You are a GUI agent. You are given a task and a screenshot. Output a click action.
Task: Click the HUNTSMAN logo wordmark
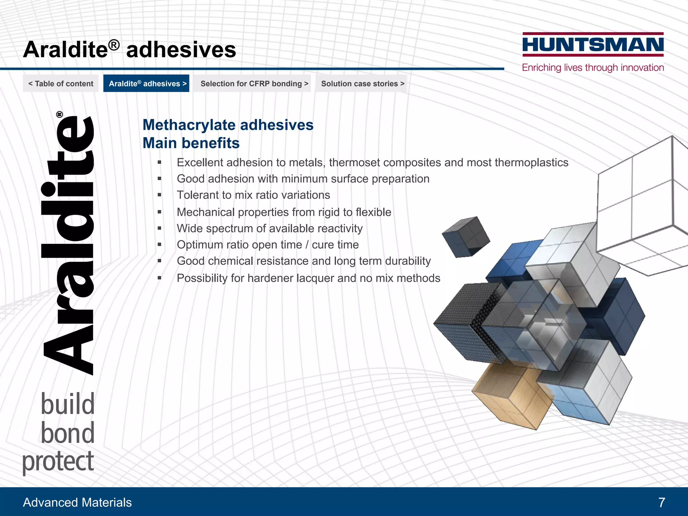coord(593,45)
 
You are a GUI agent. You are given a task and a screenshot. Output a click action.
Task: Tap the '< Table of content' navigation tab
coord(61,84)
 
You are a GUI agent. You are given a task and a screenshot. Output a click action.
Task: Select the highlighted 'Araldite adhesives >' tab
coord(146,84)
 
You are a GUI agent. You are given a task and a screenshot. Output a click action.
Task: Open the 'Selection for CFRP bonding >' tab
coord(254,84)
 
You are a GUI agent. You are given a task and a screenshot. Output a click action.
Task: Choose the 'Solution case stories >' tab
coord(362,84)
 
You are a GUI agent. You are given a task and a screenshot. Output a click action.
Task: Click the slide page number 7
coord(661,503)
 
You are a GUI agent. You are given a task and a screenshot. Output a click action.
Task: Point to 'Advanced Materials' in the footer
coord(77,503)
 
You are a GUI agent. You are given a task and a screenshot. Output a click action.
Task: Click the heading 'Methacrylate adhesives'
coord(228,125)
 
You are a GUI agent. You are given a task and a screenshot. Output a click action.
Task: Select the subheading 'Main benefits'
coord(191,143)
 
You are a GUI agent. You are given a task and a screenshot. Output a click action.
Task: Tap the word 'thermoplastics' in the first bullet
coord(531,163)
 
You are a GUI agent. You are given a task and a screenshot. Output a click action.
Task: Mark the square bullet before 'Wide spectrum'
coord(160,228)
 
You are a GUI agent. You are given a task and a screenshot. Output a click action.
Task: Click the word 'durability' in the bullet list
coord(408,261)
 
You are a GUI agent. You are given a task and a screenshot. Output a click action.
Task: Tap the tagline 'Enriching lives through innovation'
coord(593,68)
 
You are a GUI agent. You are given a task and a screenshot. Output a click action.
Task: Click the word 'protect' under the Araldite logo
coord(58,462)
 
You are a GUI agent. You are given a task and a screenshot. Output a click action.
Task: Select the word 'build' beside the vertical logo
coord(68,404)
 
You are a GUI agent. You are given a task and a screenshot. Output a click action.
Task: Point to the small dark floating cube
coord(466,237)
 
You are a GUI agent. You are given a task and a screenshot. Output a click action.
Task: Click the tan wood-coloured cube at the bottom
coord(511,396)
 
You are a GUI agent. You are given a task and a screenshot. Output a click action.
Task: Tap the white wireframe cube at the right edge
coord(642,205)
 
